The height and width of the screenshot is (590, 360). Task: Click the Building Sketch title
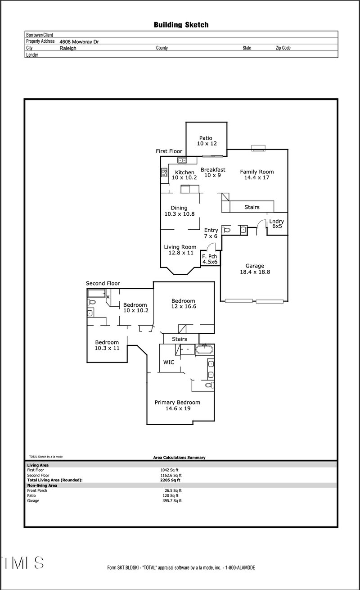(181, 25)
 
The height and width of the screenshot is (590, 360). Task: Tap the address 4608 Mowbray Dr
(79, 41)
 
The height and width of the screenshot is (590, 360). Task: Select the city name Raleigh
(68, 48)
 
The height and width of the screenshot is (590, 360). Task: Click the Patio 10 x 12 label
(206, 141)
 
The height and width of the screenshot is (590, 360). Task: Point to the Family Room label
(256, 174)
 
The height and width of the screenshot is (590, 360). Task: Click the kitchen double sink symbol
(182, 160)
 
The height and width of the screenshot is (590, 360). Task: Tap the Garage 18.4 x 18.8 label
(255, 269)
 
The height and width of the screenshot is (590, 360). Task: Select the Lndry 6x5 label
(277, 223)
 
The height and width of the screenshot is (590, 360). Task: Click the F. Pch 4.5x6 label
(210, 259)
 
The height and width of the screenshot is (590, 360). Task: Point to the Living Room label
(180, 250)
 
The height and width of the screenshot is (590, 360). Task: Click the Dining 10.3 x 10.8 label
(179, 211)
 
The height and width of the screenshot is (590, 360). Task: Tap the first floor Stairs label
(252, 207)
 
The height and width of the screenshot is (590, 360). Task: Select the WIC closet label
(169, 362)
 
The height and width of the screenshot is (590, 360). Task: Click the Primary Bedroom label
(177, 405)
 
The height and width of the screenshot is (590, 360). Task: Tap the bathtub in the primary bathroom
(205, 349)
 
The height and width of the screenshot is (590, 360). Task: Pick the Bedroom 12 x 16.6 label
(183, 304)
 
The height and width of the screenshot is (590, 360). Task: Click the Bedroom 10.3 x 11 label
(107, 345)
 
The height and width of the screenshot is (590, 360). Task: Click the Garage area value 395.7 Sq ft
(171, 500)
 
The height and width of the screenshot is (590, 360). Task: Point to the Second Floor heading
(103, 283)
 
